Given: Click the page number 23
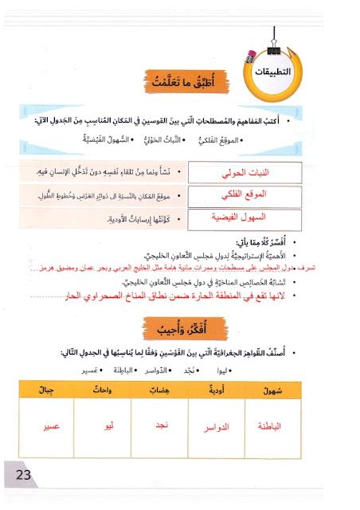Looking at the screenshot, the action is pyautogui.click(x=18, y=477).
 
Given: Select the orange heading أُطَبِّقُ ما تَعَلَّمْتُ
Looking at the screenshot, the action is pyautogui.click(x=178, y=82).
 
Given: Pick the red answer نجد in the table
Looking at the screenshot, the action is pyautogui.click(x=160, y=426).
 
